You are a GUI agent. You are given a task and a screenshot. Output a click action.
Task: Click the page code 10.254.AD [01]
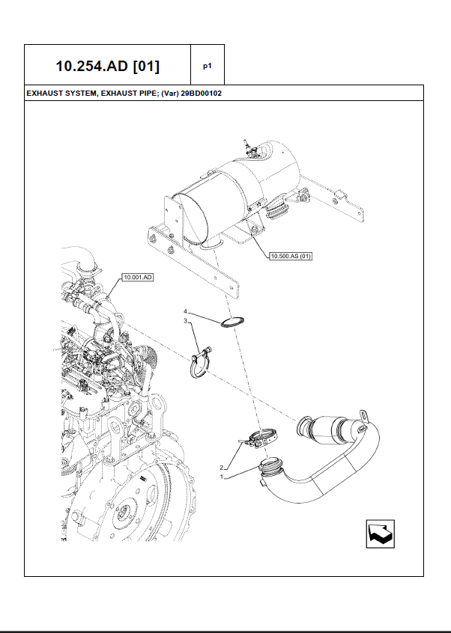pyautogui.click(x=107, y=66)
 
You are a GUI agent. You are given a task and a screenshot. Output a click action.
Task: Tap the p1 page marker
pyautogui.click(x=208, y=66)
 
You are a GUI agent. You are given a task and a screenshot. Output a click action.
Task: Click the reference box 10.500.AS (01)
pyautogui.click(x=290, y=256)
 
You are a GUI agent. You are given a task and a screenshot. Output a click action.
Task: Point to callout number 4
pyautogui.click(x=186, y=311)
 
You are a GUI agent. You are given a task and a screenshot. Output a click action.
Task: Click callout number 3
pyautogui.click(x=186, y=320)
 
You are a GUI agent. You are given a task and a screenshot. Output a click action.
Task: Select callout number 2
pyautogui.click(x=222, y=466)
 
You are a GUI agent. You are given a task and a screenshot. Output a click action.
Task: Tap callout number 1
pyautogui.click(x=222, y=476)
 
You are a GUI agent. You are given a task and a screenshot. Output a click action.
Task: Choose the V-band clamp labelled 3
pyautogui.click(x=200, y=366)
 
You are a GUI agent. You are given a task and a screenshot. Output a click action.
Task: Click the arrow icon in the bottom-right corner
pyautogui.click(x=380, y=533)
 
